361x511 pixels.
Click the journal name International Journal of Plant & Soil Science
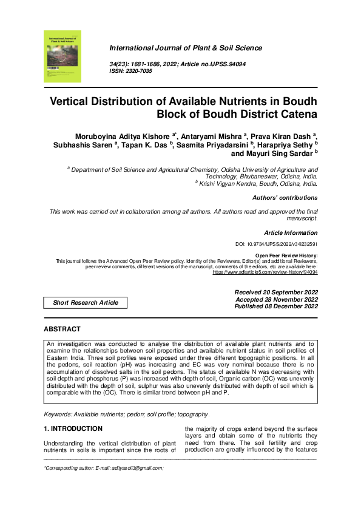185,48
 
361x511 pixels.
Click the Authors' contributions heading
285,198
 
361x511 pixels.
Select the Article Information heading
291,233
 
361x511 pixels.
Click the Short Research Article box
86,302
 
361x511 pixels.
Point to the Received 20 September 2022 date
275,293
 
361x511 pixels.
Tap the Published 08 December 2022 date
275,306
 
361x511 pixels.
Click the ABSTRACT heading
62,329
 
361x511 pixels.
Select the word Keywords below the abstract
59,398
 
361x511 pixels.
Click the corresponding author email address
137,469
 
